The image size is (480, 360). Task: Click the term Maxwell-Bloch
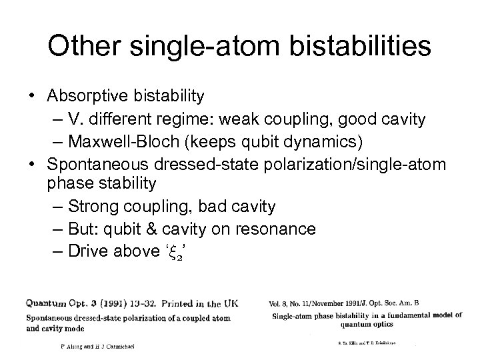coord(127,141)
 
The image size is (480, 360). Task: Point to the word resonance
coord(275,229)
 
